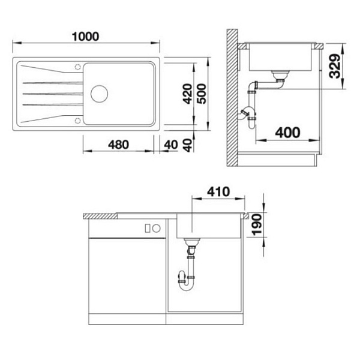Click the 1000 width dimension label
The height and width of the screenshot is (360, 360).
(85, 37)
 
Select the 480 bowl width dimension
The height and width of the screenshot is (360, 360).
(118, 145)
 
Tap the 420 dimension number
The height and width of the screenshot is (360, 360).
(188, 94)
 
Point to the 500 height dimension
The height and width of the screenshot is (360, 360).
(202, 94)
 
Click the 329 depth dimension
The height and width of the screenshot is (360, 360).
(335, 66)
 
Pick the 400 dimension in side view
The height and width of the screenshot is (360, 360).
(287, 133)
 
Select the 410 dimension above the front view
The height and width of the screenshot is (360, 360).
(218, 192)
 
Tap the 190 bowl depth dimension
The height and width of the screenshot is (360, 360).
(257, 225)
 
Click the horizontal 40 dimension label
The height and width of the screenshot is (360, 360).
(171, 145)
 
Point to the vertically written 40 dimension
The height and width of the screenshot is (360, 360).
(188, 145)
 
